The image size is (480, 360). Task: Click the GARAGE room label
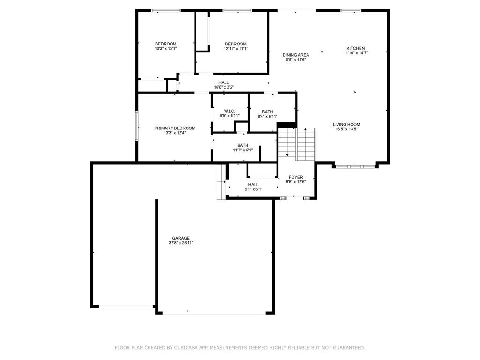point(181,238)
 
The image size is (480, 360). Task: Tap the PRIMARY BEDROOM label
point(175,128)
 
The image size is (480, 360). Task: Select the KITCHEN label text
point(356,48)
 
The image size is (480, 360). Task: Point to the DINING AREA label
point(296,55)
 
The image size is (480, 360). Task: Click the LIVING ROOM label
point(346,124)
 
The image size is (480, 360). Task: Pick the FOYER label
point(296,177)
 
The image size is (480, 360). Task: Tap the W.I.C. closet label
point(230,111)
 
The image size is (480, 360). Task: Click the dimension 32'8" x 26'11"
point(181,243)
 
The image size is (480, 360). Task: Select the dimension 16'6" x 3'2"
point(224,87)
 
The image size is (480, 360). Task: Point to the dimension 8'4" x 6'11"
point(268,117)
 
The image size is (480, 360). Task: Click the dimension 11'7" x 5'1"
point(243,150)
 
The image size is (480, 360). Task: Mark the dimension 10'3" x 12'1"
point(165,49)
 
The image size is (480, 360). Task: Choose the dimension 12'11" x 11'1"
point(236,49)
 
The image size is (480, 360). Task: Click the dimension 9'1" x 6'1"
point(254,189)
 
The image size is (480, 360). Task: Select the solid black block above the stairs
point(287,125)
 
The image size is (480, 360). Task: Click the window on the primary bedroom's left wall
point(137,126)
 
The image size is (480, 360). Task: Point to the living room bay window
point(355,167)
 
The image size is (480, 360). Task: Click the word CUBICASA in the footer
point(186,348)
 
